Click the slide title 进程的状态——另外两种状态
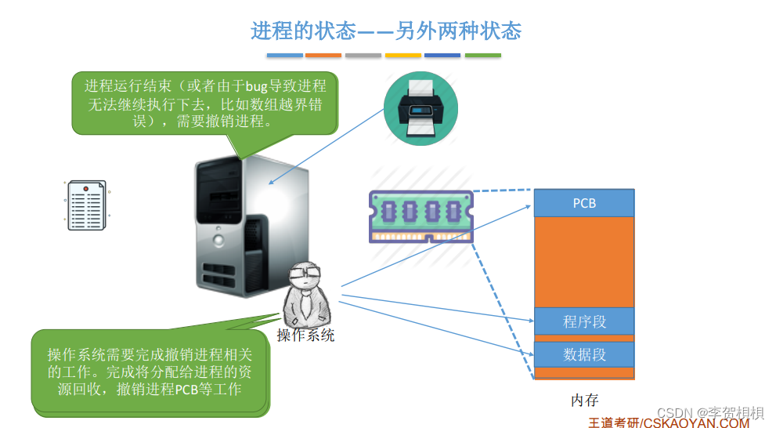pos(386,31)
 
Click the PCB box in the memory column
pos(584,203)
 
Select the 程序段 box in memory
pos(584,321)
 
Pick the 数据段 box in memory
pos(584,354)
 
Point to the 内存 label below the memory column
pos(584,401)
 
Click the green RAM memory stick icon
pos(420,216)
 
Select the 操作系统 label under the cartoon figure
pos(305,336)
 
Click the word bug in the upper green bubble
pos(256,86)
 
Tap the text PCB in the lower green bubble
pos(187,389)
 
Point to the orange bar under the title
pos(323,56)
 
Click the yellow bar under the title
pos(403,56)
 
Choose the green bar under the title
pos(482,56)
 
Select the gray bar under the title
pos(363,56)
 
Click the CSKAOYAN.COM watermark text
pos(696,423)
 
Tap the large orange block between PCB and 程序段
pos(584,262)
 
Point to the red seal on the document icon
pos(85,189)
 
